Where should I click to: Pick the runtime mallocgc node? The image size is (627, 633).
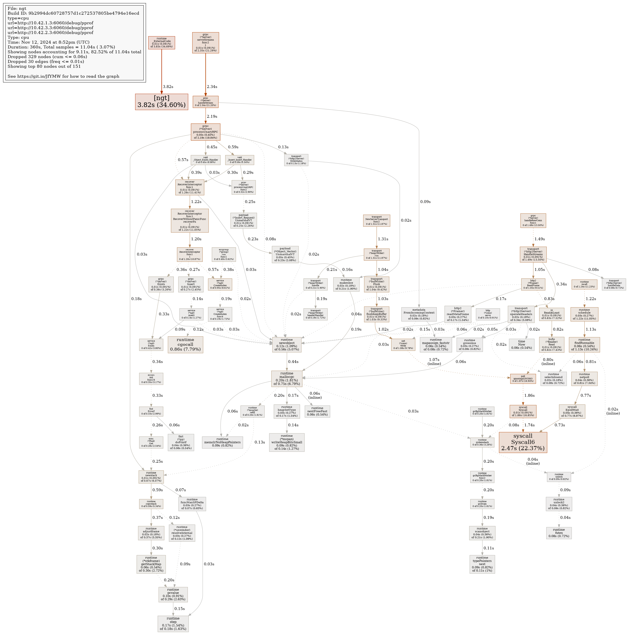pyautogui.click(x=286, y=379)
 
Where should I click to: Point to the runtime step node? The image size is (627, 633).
pyautogui.click(x=173, y=624)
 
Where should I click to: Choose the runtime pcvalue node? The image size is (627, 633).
pyautogui.click(x=173, y=594)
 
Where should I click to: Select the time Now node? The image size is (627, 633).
pyautogui.click(x=521, y=345)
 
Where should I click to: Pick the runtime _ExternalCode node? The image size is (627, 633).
pyautogui.click(x=161, y=43)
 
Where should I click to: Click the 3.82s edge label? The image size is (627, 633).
pyautogui.click(x=168, y=87)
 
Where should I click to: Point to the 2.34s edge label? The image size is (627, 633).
pyautogui.click(x=212, y=87)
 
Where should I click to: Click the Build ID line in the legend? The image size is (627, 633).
pyautogui.click(x=75, y=13)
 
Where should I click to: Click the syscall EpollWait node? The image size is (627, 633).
pyautogui.click(x=572, y=412)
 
